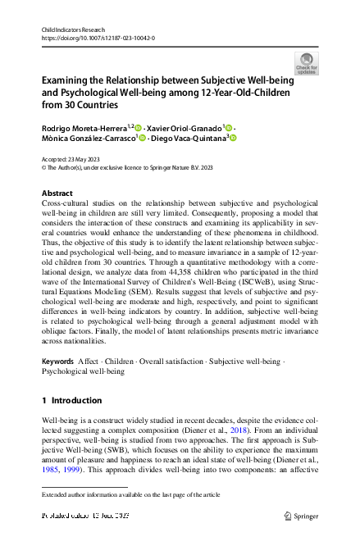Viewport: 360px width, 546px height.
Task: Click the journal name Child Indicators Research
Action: (75, 30)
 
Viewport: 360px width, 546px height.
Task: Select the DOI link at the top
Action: (98, 39)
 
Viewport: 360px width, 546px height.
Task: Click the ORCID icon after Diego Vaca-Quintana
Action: (233, 139)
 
